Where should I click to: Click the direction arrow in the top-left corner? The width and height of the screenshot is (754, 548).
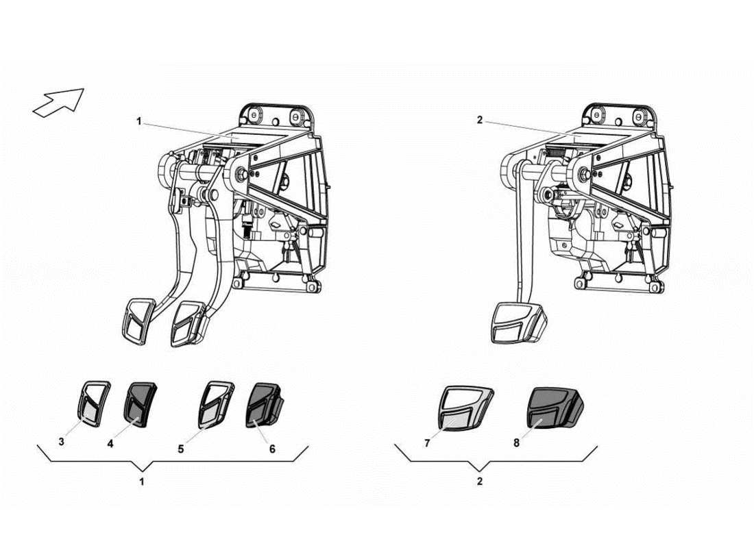point(58,103)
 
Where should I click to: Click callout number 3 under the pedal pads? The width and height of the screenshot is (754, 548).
point(62,442)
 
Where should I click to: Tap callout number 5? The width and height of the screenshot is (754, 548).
point(180,449)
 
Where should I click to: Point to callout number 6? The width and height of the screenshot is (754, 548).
point(272,449)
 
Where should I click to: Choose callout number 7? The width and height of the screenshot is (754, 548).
point(427,443)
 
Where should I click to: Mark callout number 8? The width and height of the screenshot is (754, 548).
point(516,443)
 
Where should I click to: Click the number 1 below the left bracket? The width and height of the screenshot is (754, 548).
point(142,482)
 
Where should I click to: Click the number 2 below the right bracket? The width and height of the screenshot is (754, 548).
point(480,482)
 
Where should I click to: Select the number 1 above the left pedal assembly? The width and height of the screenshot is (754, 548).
point(138,121)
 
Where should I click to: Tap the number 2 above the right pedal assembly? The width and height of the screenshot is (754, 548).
point(480,121)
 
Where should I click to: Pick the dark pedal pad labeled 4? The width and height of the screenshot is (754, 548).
point(140,403)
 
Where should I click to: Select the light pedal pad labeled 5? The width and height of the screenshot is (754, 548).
point(215,403)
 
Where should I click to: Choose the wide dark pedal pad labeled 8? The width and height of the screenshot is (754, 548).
point(554,408)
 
